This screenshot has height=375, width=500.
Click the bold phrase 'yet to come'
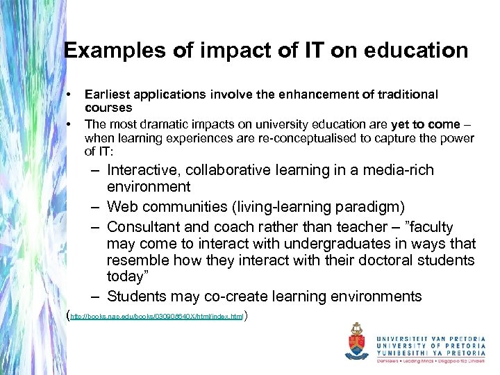pyautogui.click(x=426, y=124)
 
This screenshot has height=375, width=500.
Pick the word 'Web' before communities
pyautogui.click(x=122, y=208)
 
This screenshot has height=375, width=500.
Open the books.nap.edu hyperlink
pyautogui.click(x=156, y=317)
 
